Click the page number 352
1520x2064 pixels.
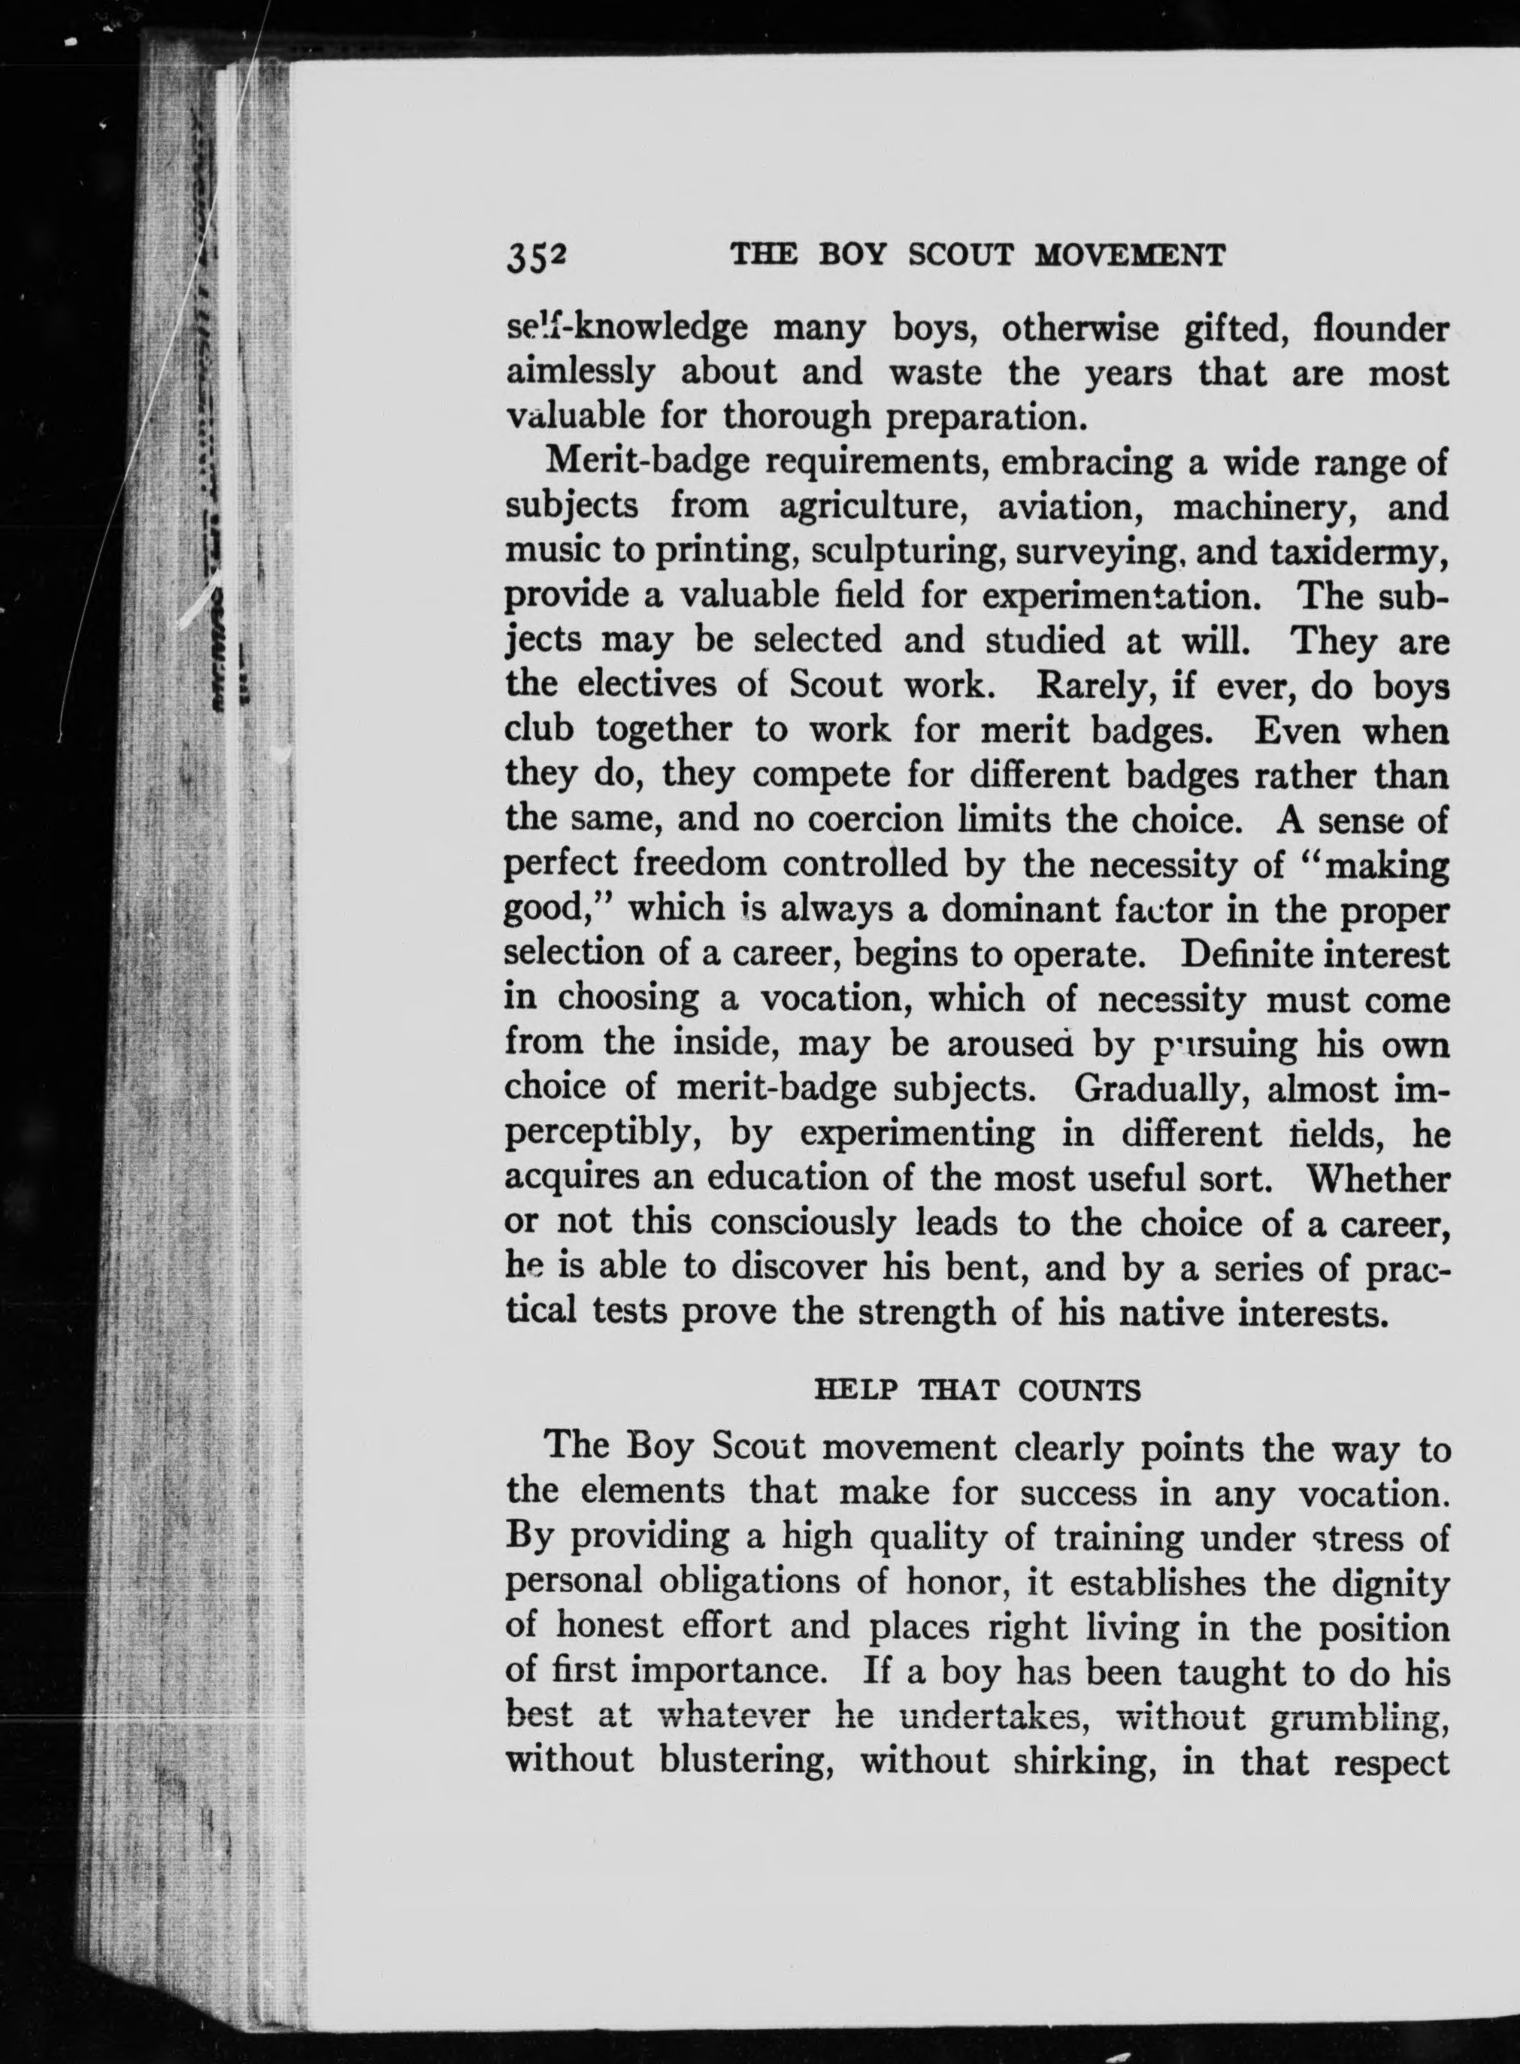click(x=534, y=258)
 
